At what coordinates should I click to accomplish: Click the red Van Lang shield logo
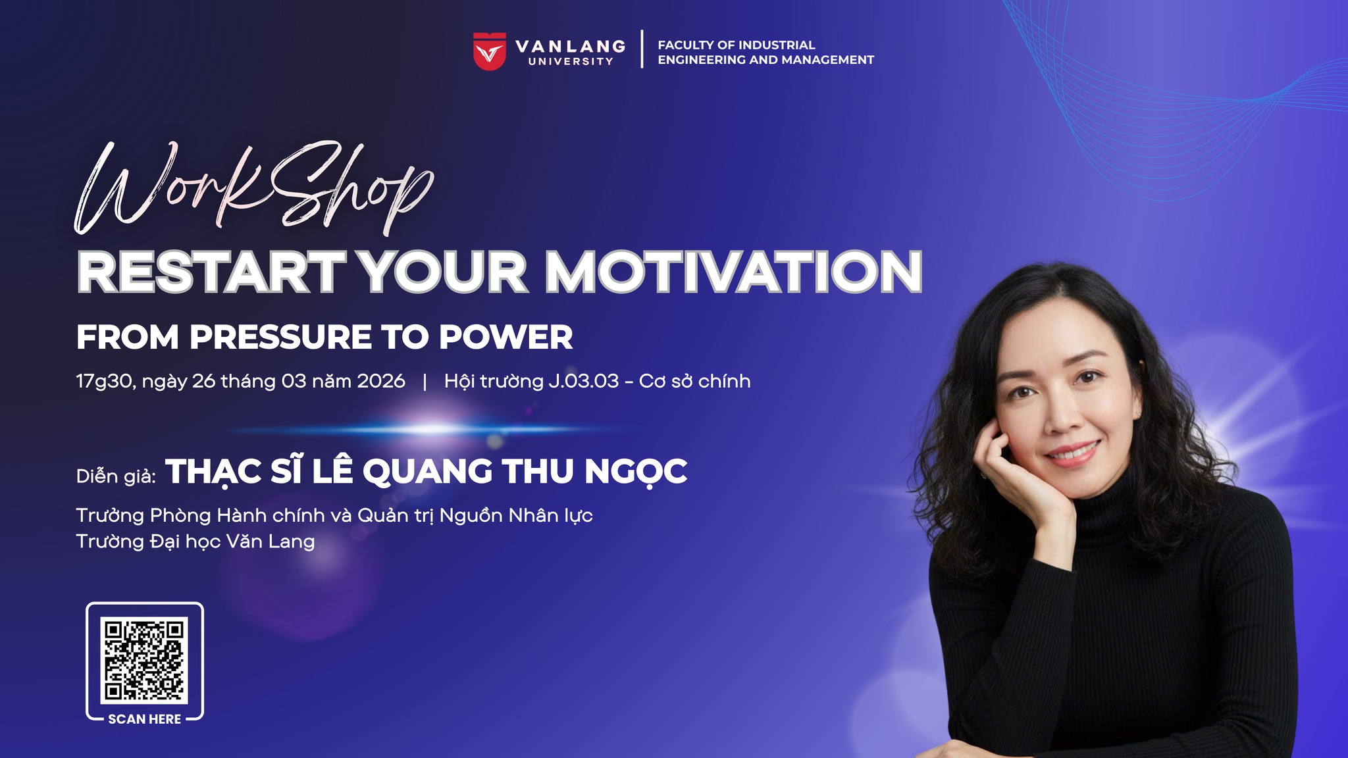tap(490, 51)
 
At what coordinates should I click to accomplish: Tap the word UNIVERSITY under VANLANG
tap(571, 61)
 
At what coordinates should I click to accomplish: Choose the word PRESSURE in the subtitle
tap(281, 338)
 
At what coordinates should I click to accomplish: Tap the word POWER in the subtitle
tap(506, 338)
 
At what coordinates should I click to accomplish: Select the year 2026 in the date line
tap(381, 381)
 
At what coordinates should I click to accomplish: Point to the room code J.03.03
tap(584, 381)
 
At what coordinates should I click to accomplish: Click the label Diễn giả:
tap(117, 475)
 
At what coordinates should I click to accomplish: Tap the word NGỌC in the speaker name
tap(636, 472)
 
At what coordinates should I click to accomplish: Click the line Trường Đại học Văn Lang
tap(195, 542)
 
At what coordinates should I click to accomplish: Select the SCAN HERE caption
tap(144, 719)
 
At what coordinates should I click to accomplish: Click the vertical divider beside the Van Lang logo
tap(642, 49)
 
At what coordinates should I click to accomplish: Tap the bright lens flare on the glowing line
tap(434, 429)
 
